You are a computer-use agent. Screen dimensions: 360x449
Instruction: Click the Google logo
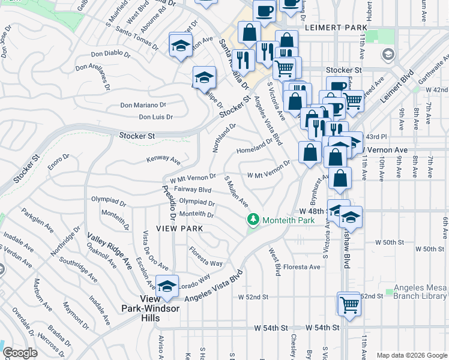coord(20,353)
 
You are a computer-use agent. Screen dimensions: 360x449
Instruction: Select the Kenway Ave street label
coord(164,160)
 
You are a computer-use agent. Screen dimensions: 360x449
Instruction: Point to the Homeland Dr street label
coord(255,147)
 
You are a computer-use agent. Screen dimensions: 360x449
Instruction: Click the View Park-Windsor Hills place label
coord(164,303)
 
